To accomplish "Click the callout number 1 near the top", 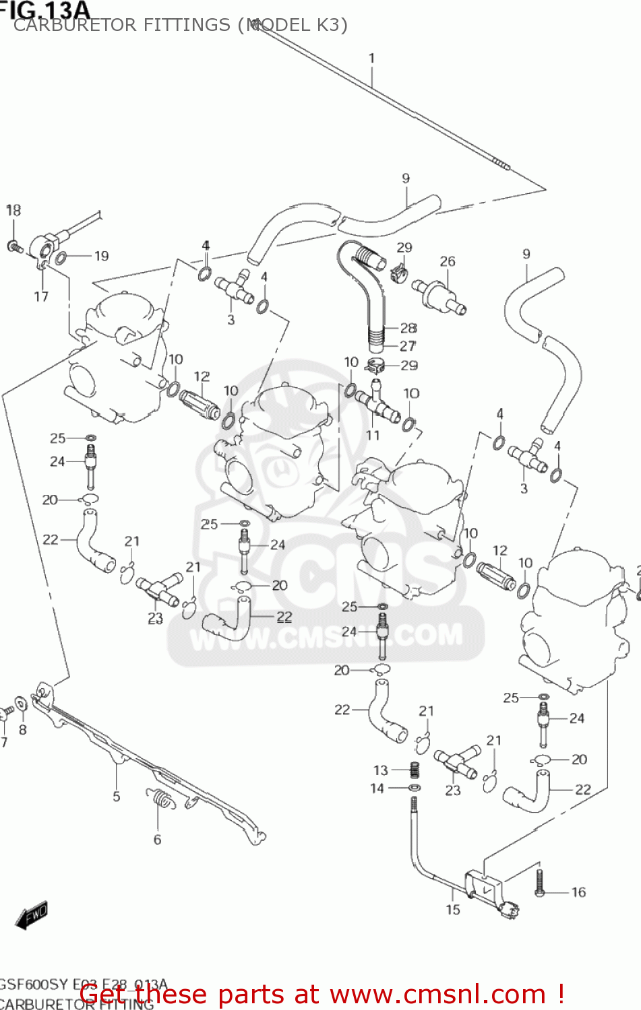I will tap(371, 59).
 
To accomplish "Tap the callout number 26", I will tap(448, 261).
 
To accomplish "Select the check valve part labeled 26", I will tap(439, 297).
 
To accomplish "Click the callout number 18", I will tap(13, 210).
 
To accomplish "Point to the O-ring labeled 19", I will tap(61, 258).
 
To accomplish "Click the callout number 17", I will tap(41, 296).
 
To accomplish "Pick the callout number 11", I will tap(373, 435).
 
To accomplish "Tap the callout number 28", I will tap(408, 328).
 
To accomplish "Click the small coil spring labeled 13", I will tap(416, 768).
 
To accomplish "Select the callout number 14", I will tap(377, 788).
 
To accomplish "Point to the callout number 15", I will tap(453, 910).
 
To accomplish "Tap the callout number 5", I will tap(117, 797).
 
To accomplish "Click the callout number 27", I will tap(408, 346).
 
